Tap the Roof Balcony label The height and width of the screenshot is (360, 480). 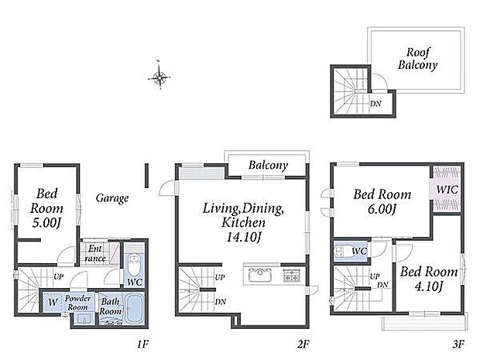(x=417, y=59)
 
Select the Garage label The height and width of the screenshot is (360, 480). (x=112, y=198)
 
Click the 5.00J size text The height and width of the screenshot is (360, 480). (x=46, y=223)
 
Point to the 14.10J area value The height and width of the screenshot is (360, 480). (x=243, y=237)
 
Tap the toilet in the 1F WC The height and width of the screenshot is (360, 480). (x=133, y=265)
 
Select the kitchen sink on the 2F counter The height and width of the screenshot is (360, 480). (x=259, y=275)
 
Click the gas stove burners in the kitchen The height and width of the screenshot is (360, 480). (x=291, y=275)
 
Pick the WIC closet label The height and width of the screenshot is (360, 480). (x=447, y=190)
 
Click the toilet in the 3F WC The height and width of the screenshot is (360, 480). (x=344, y=252)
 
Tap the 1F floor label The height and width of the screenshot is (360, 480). (x=142, y=345)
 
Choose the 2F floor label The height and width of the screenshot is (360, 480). (x=303, y=345)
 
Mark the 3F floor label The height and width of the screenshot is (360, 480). (x=458, y=345)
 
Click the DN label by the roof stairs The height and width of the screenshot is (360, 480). (x=375, y=104)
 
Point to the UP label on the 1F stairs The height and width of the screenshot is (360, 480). (x=59, y=276)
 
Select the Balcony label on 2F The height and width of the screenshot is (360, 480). (x=268, y=166)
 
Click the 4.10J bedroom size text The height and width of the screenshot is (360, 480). (x=429, y=286)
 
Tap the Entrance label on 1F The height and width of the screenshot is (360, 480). (x=95, y=253)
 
